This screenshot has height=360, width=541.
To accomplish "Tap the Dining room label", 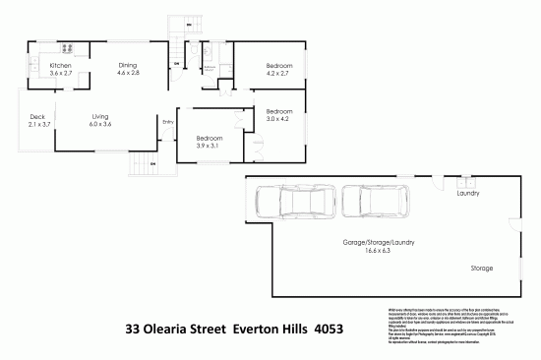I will (129, 65).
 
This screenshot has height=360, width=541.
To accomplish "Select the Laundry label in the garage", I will (468, 194).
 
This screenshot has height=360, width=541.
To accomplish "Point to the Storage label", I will (481, 267).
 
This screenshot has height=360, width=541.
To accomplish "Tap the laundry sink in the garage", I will (467, 181).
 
